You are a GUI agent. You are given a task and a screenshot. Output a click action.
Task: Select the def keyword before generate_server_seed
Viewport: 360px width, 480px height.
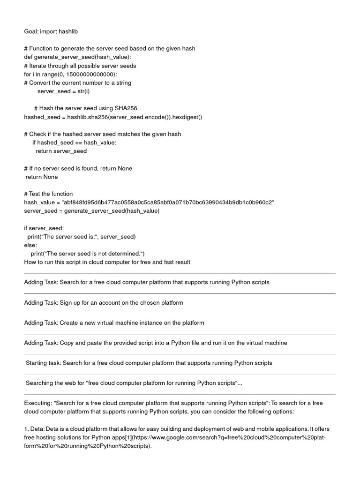point(29,57)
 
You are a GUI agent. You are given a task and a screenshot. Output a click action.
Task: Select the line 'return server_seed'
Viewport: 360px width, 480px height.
point(61,151)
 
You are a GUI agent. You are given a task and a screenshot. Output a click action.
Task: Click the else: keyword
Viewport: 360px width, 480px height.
point(30,245)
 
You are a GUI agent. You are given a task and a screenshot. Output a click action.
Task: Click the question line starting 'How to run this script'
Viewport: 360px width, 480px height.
point(107,262)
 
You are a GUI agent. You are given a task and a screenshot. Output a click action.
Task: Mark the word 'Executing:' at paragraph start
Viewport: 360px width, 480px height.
point(38,403)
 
